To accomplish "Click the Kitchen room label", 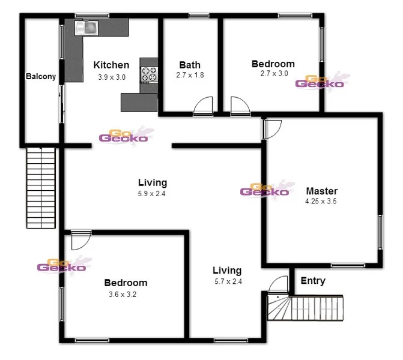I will [x=111, y=65].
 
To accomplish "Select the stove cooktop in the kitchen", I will [x=148, y=75].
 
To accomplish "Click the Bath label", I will [x=190, y=65].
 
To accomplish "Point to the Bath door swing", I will [x=204, y=106].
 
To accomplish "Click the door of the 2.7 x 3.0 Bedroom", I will [x=239, y=106].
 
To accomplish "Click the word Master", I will [x=321, y=191].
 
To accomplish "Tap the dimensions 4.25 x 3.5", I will [x=321, y=202].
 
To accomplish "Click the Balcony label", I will [x=41, y=77].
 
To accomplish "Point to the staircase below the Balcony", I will [x=40, y=187].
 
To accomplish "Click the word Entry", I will [x=312, y=281].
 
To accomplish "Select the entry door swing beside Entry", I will [x=279, y=286].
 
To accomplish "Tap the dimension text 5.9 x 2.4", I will [x=152, y=194].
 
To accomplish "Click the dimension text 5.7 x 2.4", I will [x=227, y=281].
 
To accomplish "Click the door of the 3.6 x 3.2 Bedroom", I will [x=79, y=241].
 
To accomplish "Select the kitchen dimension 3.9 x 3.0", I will [x=111, y=77].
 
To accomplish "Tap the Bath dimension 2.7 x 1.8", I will [x=190, y=76].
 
